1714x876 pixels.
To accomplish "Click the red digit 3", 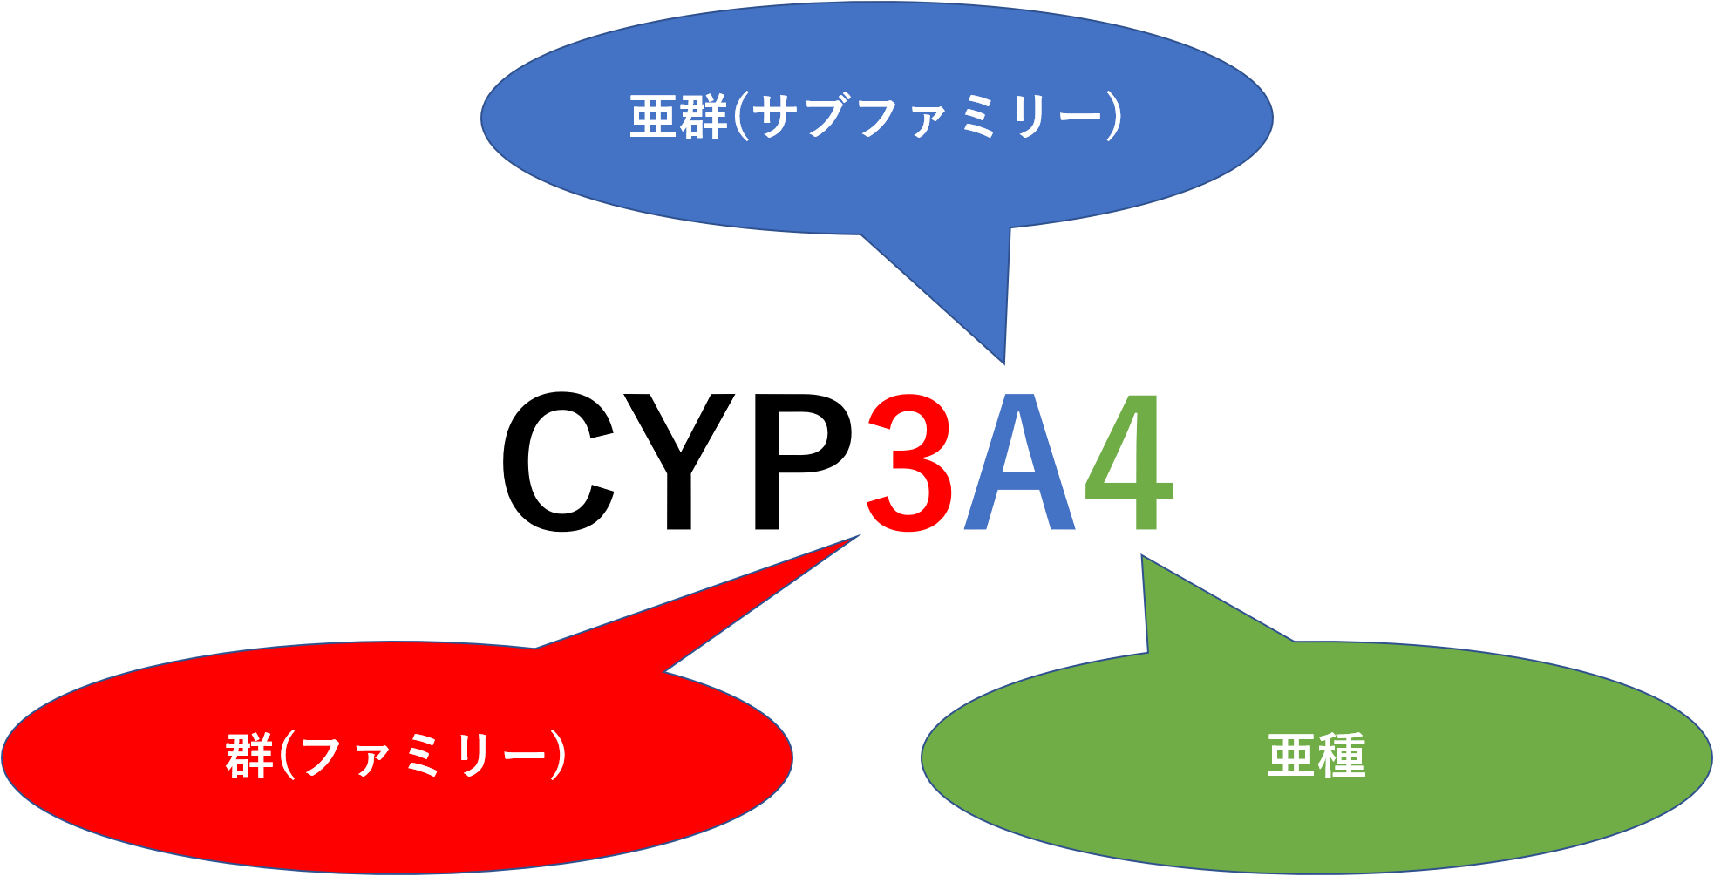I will (x=910, y=462).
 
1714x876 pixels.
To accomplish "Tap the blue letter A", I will (x=1020, y=464).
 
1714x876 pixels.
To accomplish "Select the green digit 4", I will (x=1130, y=462).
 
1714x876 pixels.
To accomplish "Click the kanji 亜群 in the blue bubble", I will (x=678, y=118).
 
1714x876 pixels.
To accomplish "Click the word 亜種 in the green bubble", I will (x=1316, y=756).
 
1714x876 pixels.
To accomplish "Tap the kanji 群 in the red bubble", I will (x=250, y=756).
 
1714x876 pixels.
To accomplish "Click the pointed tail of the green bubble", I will (x=1144, y=560).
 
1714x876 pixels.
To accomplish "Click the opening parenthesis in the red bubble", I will (x=286, y=756).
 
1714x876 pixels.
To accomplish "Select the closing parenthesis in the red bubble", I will (x=559, y=756).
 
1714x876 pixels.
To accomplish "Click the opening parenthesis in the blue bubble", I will (x=740, y=118).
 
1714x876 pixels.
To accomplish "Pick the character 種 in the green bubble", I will (x=1341, y=756).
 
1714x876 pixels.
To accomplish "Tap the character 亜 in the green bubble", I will (x=1291, y=756).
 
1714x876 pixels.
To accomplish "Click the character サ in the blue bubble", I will (x=774, y=118).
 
